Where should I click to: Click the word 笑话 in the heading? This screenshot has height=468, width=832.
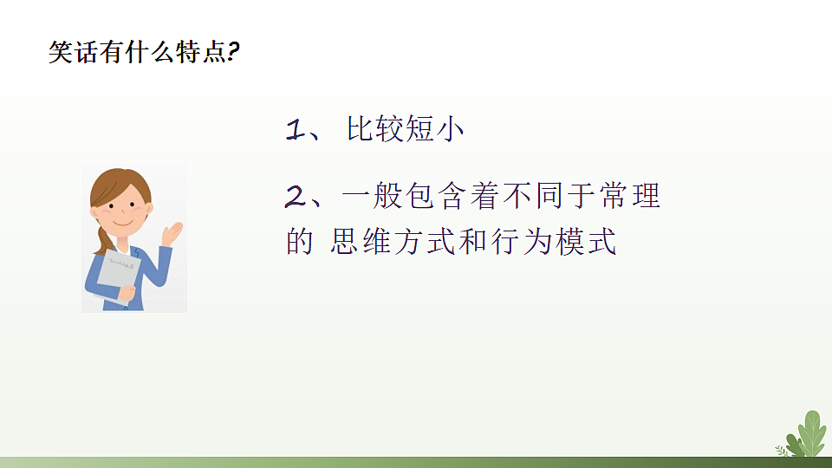[x=71, y=53]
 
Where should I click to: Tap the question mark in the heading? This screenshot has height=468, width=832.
[x=233, y=53]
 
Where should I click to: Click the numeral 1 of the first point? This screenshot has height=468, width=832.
[x=295, y=130]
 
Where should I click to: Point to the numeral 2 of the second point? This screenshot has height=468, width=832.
[x=296, y=198]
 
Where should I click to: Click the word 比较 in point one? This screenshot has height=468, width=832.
[x=375, y=130]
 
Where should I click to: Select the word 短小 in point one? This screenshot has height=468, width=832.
[x=437, y=130]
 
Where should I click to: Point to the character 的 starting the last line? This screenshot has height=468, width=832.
[x=299, y=242]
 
